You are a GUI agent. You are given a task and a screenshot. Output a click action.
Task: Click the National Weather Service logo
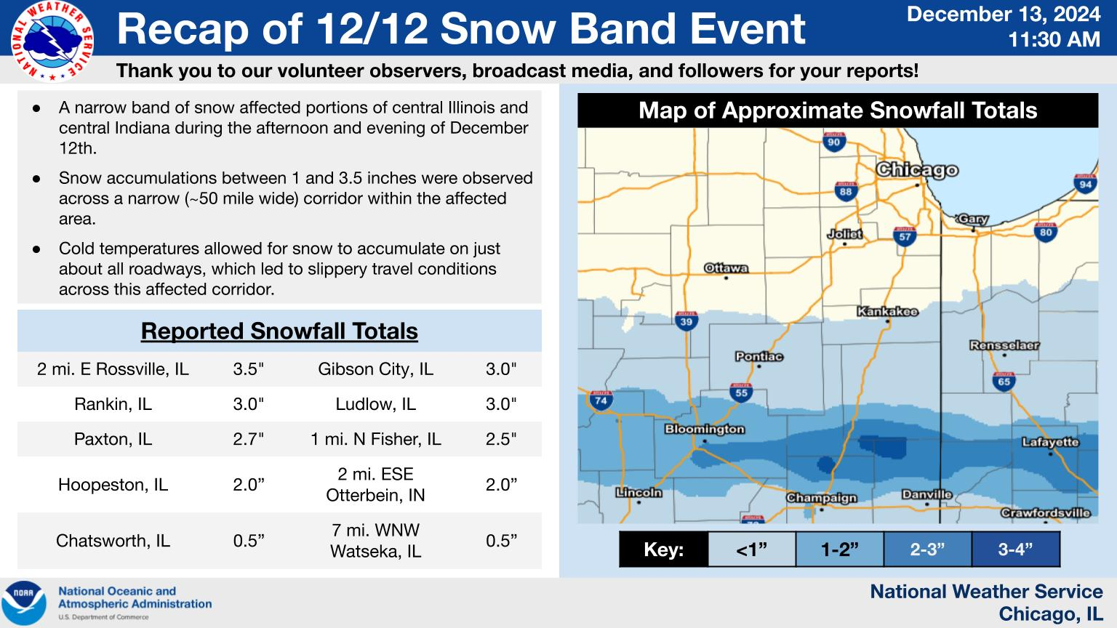(52, 41)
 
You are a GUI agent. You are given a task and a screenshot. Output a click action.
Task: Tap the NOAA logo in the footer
(24, 603)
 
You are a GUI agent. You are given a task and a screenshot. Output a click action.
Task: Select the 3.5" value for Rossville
(248, 369)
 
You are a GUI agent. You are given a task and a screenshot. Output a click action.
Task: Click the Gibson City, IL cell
(375, 369)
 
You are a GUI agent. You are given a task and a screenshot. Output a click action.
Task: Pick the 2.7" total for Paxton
(248, 438)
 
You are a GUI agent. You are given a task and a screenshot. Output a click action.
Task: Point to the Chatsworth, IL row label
(113, 540)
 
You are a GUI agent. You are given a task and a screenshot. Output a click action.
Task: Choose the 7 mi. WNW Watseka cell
(375, 540)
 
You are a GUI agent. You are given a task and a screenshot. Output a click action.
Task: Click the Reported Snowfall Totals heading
(279, 331)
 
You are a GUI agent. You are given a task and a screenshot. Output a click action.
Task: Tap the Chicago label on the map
(917, 170)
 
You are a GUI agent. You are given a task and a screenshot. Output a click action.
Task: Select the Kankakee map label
(887, 312)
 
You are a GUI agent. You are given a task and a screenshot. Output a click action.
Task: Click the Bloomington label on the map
(705, 429)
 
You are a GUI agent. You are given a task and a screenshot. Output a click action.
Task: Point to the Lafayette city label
(1050, 442)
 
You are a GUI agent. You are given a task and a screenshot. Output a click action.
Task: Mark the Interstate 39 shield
(686, 321)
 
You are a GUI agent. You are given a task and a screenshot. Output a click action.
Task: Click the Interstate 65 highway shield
(1004, 382)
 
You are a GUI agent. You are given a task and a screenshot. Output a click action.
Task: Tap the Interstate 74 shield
(601, 400)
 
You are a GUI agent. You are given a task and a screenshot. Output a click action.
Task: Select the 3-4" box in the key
(1016, 549)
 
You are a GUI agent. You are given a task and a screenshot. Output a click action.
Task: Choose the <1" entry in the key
(751, 549)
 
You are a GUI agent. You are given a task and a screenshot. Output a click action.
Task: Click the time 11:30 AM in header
(1054, 39)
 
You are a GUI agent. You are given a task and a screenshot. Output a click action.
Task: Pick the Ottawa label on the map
(726, 268)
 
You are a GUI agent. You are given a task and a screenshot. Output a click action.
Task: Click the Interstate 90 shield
(834, 142)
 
